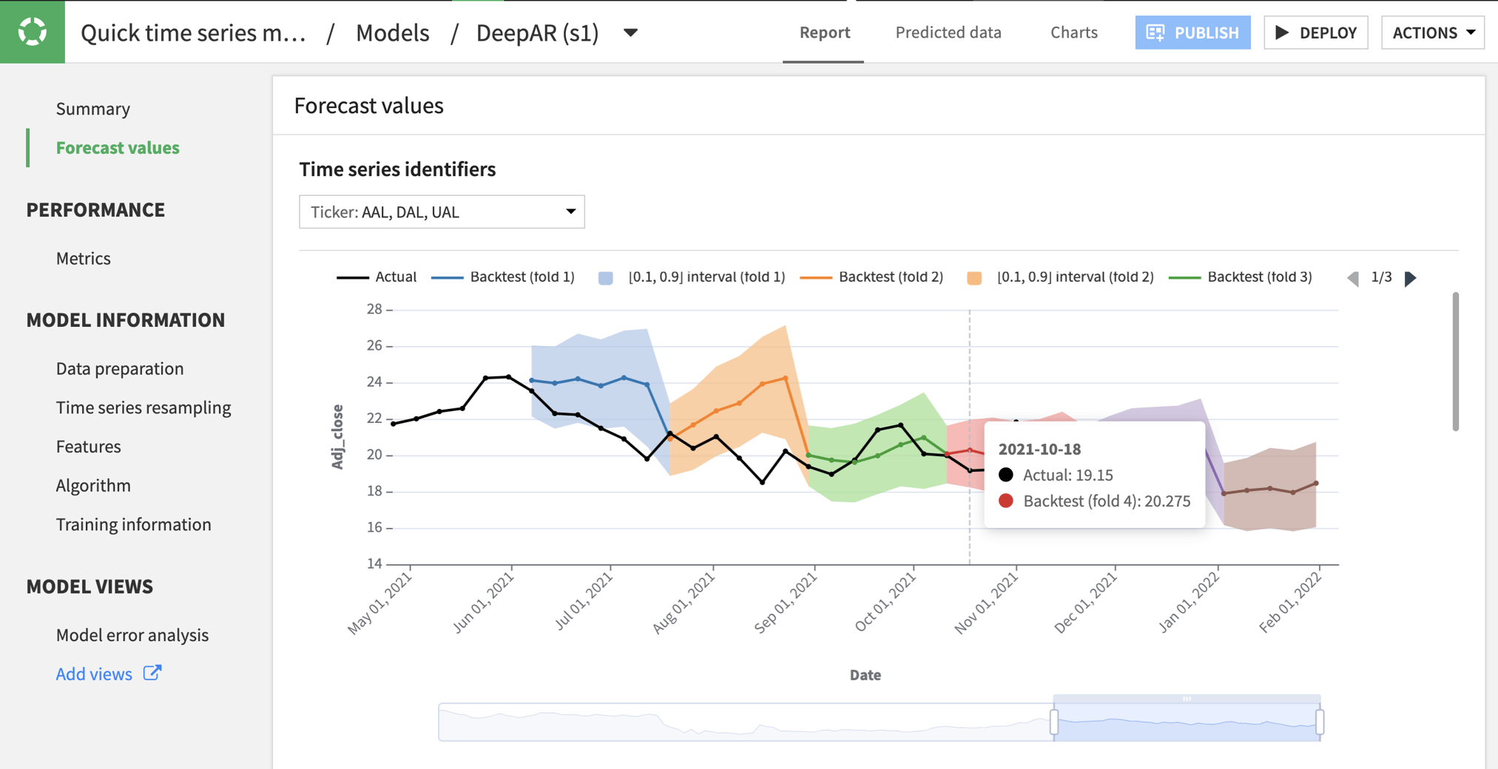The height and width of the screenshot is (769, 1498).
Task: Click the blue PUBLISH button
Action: click(1192, 33)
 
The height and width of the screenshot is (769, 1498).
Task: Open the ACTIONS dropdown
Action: click(1432, 33)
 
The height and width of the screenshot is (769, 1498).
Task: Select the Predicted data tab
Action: click(948, 33)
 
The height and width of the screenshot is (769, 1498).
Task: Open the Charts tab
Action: click(1073, 33)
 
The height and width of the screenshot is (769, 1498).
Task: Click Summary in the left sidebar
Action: click(93, 109)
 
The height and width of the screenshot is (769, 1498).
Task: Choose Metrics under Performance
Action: click(84, 258)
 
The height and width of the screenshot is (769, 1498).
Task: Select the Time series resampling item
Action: click(144, 407)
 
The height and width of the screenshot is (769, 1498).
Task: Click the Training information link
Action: click(134, 524)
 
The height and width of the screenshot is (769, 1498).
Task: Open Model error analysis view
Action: click(132, 635)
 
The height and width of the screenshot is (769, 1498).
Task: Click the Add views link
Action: click(95, 674)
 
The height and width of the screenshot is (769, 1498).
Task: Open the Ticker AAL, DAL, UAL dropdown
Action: click(442, 212)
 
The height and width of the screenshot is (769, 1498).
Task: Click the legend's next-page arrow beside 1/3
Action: click(1411, 279)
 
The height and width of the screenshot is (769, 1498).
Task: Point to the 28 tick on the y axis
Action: click(374, 309)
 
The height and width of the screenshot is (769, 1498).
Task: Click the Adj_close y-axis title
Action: click(337, 436)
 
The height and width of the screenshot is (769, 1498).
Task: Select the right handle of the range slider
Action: click(1319, 722)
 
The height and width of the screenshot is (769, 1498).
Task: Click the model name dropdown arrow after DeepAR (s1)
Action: click(630, 33)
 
